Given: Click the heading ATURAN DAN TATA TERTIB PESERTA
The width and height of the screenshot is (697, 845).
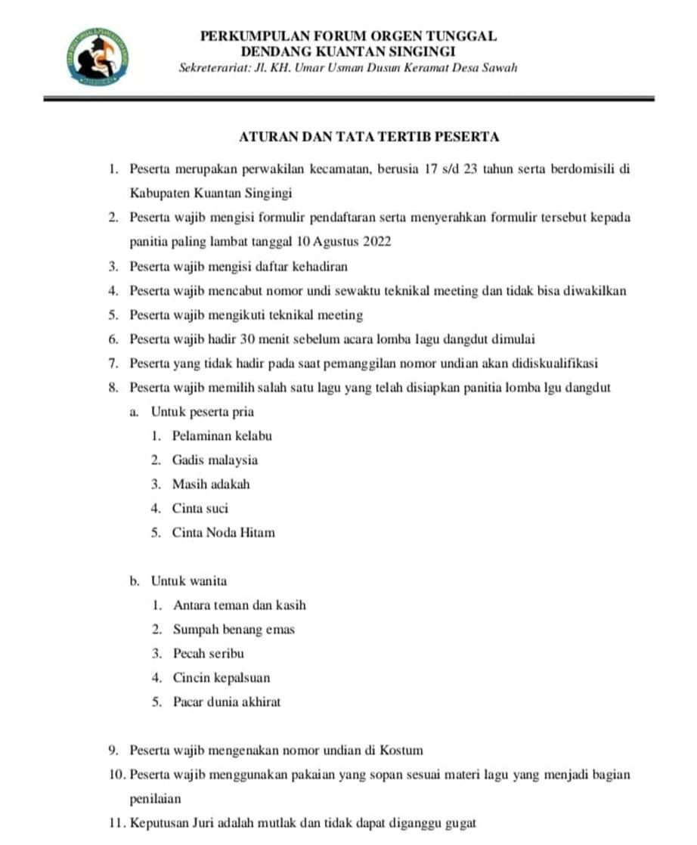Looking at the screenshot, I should click(369, 137).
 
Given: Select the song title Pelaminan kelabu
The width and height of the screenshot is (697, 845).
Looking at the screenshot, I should click(221, 436).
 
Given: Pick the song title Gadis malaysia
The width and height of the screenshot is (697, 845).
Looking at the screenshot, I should click(215, 460).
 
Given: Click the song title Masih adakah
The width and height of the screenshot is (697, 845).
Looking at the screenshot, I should click(211, 484).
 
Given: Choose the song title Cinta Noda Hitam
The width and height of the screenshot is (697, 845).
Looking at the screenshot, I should click(223, 533).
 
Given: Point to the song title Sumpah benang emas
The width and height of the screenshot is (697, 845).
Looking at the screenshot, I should click(234, 630).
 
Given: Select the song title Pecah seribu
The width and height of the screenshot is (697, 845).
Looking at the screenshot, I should click(209, 654).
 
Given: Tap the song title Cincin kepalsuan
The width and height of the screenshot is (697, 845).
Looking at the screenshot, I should click(221, 678).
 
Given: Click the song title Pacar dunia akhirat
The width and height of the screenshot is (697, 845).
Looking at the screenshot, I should click(227, 702).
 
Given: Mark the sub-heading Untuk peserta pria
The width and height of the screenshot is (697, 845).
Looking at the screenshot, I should click(202, 412).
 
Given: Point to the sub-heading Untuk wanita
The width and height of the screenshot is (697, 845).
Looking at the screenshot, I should click(189, 581).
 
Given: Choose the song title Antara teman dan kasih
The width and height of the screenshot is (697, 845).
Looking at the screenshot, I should click(240, 605).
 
